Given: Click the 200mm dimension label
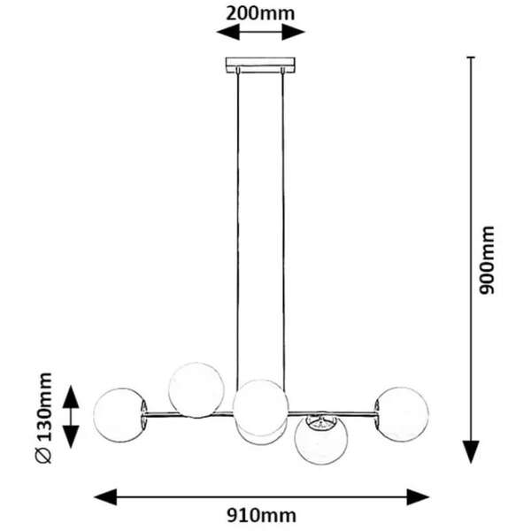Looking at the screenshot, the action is point(260,14).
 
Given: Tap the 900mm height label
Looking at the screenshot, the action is point(488,260).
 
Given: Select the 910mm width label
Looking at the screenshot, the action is point(261,516).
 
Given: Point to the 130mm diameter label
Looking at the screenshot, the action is point(44,406).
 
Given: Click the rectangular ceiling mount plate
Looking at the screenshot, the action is point(260,65).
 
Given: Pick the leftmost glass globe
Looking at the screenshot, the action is point(120,415).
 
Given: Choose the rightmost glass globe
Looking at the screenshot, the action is point(402,414).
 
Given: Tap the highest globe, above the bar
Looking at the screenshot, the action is point(196,390).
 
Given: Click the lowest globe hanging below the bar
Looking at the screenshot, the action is point(321,439).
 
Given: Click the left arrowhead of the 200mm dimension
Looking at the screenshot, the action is point(228,33).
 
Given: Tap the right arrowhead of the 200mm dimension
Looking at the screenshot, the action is point(294,33).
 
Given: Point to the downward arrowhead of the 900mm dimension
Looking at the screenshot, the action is point(471,452).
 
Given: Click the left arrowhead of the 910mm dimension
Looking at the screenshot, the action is point(105,497).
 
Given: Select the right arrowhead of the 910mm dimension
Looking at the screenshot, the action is point(419,497).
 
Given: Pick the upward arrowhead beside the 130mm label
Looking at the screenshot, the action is point(71,396).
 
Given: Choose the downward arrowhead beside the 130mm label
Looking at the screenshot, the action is point(71,437).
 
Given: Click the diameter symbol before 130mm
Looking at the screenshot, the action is point(44,455).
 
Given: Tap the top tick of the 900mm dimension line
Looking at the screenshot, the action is point(471,58).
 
